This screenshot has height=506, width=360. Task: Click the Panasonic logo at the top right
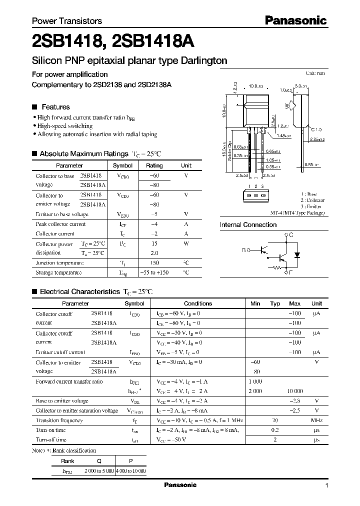[295, 20]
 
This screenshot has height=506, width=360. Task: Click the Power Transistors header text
[67, 21]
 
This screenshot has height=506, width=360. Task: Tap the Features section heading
[55, 107]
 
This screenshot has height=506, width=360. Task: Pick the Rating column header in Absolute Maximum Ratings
[154, 165]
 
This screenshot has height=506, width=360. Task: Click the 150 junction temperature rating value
[154, 263]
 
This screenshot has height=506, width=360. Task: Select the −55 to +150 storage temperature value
[154, 272]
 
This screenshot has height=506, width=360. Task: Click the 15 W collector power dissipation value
[154, 244]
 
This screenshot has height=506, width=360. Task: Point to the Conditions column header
[198, 303]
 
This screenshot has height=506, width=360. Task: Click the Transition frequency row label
[59, 420]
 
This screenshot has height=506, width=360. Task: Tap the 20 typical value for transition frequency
[274, 420]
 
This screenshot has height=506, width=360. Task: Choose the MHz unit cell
[316, 420]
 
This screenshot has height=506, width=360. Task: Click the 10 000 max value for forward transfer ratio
[294, 391]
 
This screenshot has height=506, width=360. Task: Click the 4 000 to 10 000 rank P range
[130, 471]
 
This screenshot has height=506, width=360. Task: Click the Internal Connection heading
[248, 225]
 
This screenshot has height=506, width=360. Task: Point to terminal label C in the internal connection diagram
[291, 234]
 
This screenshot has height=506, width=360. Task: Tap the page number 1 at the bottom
[326, 485]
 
